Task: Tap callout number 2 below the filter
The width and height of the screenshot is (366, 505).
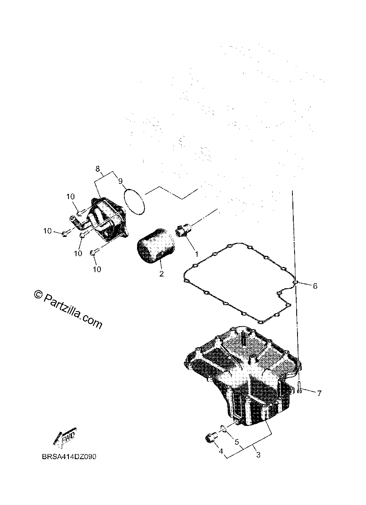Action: [x=161, y=274]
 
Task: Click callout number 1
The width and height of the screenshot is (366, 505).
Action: [x=196, y=254]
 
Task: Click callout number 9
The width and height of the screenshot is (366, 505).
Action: [x=121, y=181]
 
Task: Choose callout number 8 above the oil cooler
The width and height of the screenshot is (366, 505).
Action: [x=97, y=169]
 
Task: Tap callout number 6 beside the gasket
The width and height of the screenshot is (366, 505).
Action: [x=315, y=286]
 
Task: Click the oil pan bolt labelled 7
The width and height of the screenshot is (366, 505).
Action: [x=299, y=388]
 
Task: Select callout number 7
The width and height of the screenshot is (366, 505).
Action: [x=319, y=393]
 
